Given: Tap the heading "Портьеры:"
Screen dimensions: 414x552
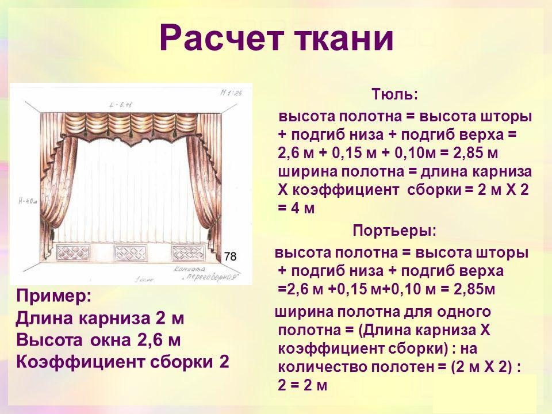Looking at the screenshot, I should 394,231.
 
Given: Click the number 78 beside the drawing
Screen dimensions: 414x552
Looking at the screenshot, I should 229,257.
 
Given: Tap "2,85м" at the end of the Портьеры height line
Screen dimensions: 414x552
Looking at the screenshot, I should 474,289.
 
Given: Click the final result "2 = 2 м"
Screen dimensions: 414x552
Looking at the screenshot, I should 302,385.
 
